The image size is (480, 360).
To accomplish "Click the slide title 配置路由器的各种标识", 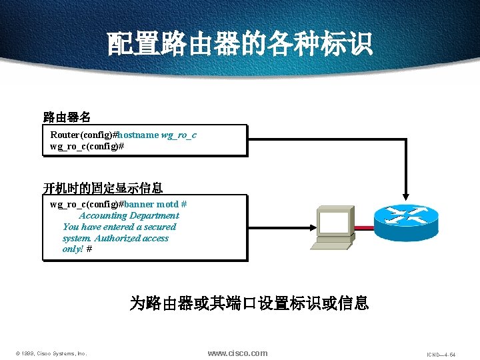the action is pos(240,45).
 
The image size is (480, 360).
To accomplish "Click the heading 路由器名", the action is pos(67,118).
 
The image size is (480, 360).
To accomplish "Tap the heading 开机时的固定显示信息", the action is pos(103,187).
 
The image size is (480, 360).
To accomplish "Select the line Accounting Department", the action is pos(129,215).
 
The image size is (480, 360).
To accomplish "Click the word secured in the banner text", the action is pos(160,227).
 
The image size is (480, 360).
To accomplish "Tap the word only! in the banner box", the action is pos(73,249).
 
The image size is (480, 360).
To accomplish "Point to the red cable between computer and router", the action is pos(363,227).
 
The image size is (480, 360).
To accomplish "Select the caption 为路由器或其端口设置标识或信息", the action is pos(249,304).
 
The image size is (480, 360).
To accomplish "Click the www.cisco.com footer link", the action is pos(237,353).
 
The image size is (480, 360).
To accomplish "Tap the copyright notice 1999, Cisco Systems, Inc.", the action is pos(51,353).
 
